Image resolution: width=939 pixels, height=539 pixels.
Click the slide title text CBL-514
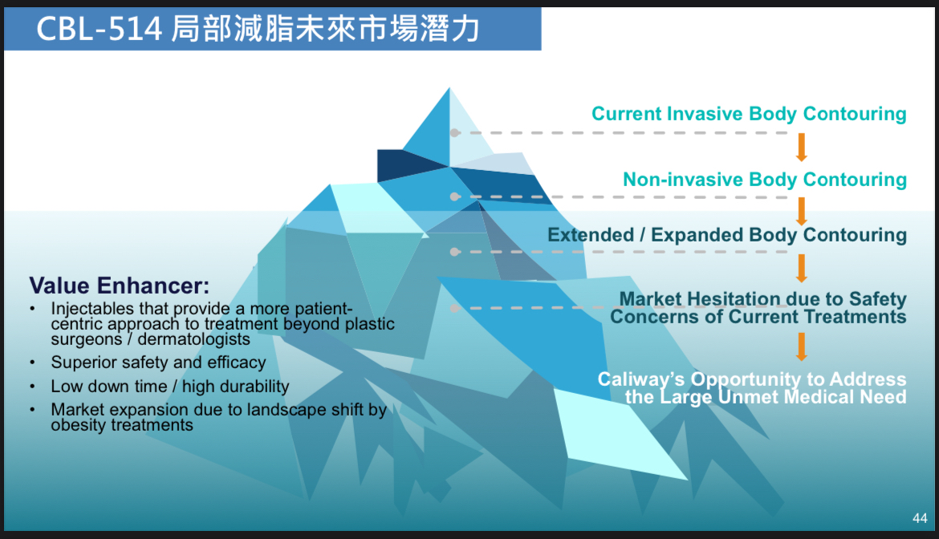pos(100,28)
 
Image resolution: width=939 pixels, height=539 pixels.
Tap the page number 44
pos(920,518)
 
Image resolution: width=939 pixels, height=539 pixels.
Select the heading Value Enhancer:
pos(119,286)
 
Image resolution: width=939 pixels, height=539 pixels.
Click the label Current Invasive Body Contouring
pos(749,114)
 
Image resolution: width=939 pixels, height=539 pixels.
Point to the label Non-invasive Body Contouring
pos(765,180)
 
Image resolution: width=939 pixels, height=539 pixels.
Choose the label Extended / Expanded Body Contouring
pos(727,235)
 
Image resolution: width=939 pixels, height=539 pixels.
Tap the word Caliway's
pos(640,379)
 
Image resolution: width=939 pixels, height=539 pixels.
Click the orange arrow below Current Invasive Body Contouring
pos(801,147)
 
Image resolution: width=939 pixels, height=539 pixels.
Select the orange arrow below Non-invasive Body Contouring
pos(801,211)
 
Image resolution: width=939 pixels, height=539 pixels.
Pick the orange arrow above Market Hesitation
pos(801,268)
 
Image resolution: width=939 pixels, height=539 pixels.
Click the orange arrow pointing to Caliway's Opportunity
pos(801,347)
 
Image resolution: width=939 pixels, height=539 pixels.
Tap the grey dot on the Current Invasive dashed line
pos(455,133)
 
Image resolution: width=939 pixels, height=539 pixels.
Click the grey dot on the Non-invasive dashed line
pos(455,197)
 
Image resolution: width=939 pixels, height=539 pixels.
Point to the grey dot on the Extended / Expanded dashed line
pos(455,252)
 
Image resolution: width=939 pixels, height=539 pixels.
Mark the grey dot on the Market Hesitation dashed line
pos(455,308)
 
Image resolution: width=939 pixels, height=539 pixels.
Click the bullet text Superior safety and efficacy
pos(158,363)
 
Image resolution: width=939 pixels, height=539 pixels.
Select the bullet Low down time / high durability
pos(170,387)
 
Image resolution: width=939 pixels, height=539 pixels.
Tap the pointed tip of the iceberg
pos(449,88)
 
